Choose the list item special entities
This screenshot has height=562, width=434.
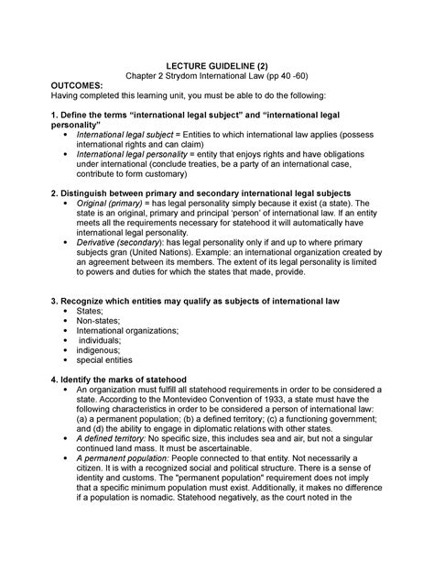(x=108, y=360)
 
